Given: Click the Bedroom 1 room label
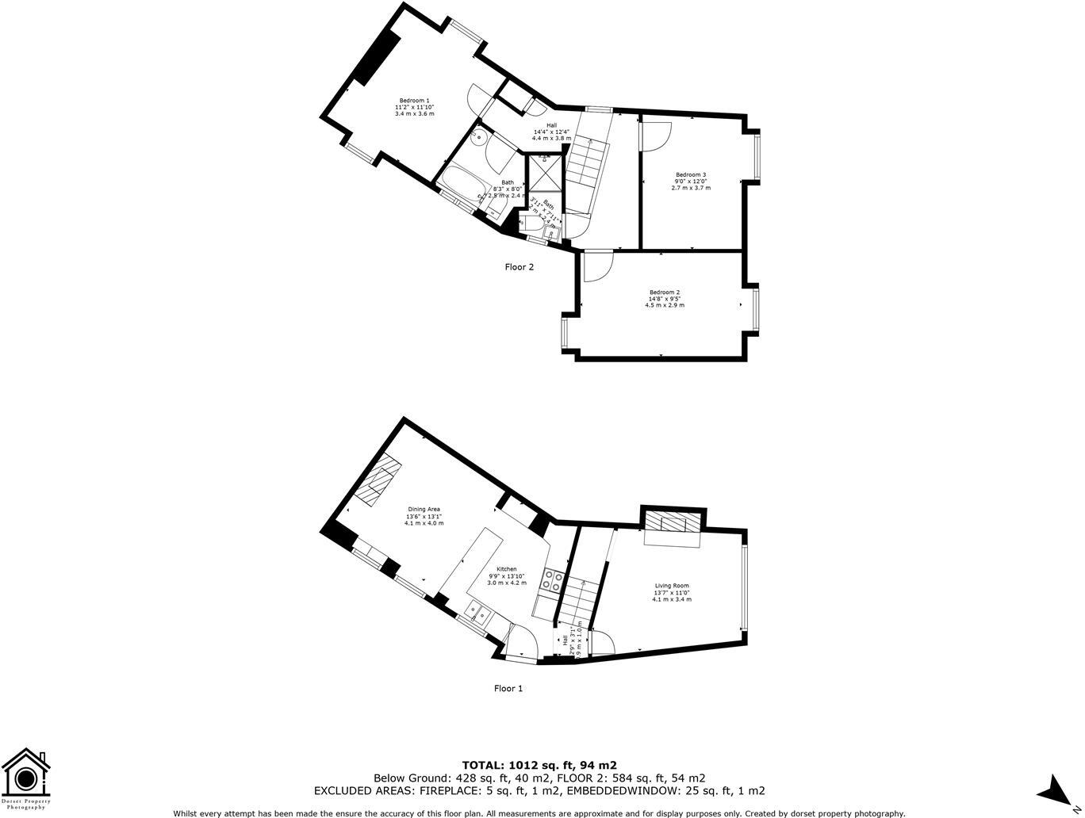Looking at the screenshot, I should [x=414, y=101].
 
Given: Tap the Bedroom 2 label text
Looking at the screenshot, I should [x=664, y=292].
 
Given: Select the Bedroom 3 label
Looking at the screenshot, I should [x=690, y=174].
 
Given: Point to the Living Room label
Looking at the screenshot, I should [x=671, y=586].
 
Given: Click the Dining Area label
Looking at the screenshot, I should [x=424, y=510].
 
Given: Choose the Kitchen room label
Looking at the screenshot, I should [x=506, y=569].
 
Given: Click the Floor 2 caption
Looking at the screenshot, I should [x=519, y=267].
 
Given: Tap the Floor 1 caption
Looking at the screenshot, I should [x=508, y=688].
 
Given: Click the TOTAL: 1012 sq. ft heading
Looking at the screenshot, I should [x=539, y=765].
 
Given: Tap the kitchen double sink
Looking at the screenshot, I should [x=479, y=611].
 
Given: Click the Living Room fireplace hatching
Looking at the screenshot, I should [x=672, y=522].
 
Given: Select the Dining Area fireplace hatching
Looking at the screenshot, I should [x=379, y=480].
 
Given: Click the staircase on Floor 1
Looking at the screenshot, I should [x=577, y=600].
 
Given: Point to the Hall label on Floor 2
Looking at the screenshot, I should [x=550, y=125].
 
